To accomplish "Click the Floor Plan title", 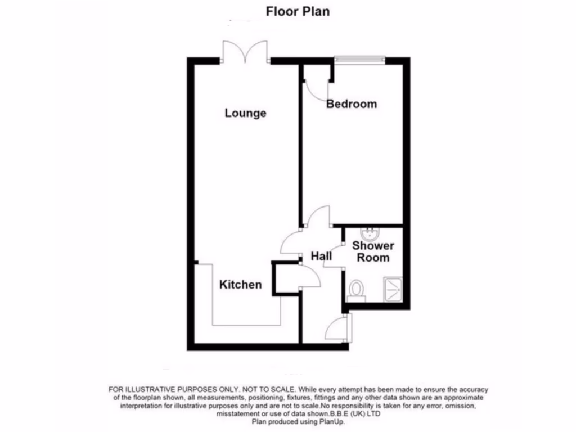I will click(298, 11).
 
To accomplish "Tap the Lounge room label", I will click(245, 113).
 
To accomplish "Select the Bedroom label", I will click(352, 104).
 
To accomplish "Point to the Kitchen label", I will click(240, 285).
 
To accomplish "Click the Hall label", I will click(321, 256).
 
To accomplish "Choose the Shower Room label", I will click(373, 251).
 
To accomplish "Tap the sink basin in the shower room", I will click(371, 232).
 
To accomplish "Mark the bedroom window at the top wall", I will click(359, 58).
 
